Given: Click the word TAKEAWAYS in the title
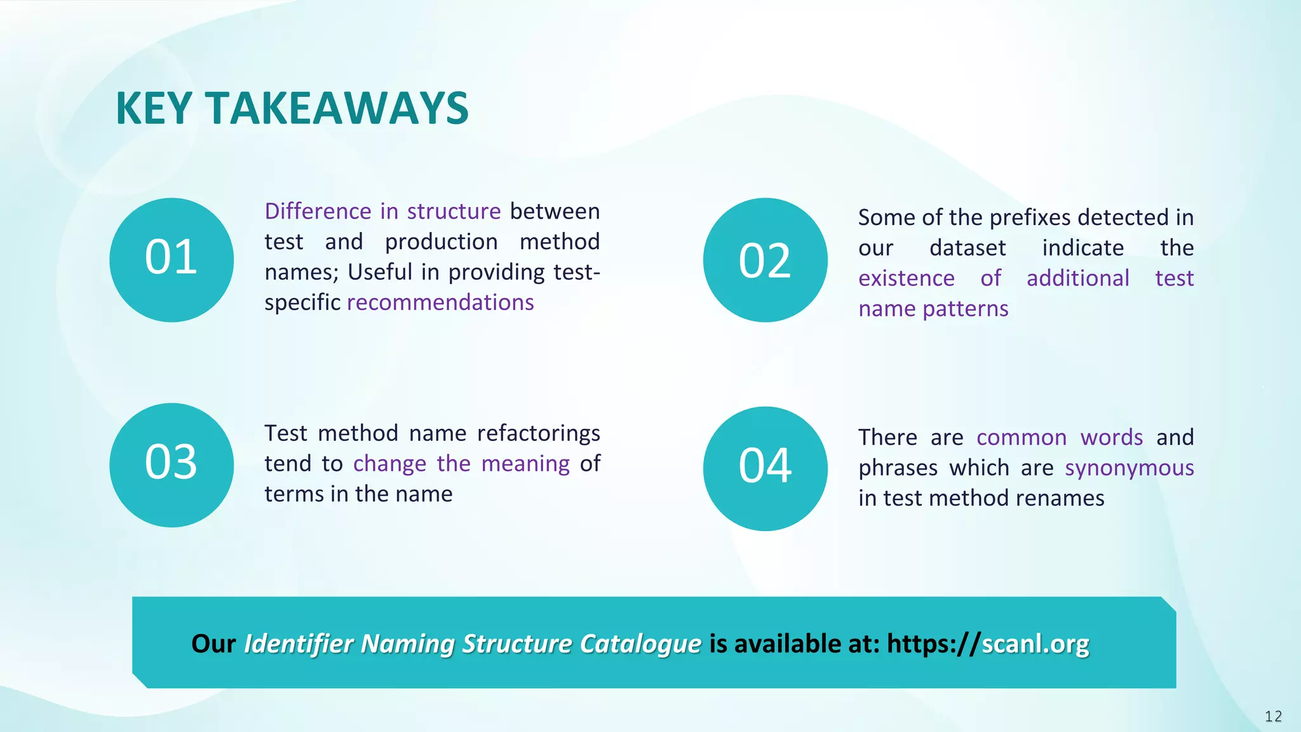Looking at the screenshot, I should point(337,108).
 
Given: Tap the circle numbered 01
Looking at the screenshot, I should point(171,260).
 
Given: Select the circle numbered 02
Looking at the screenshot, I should point(765,260).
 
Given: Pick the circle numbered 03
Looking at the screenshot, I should point(171,464).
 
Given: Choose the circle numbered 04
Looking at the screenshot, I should point(765,468).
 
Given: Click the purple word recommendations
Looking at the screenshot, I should point(440,302).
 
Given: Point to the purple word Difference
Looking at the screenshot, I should point(318,211).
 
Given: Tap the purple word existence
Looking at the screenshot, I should point(906,278).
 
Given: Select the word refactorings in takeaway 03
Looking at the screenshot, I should point(538,433).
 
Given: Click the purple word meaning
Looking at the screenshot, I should point(525,464).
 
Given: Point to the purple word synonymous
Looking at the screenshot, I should point(1129,468).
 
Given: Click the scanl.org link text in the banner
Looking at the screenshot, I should point(1035,644).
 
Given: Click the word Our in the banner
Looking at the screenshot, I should point(213,644).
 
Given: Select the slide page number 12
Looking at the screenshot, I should point(1273,717).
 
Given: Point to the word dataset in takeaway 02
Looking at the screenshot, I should point(967,248).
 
